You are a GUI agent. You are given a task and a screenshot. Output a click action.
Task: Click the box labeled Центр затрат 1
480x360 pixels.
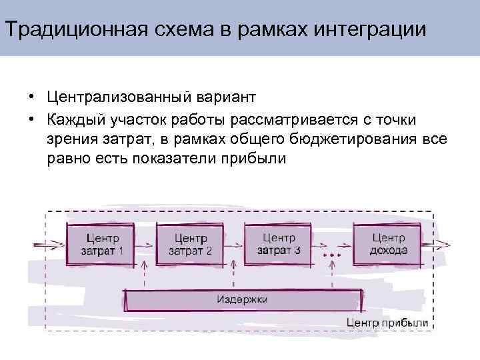pos(101,245)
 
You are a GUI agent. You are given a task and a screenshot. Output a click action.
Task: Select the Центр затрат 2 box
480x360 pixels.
pos(190,245)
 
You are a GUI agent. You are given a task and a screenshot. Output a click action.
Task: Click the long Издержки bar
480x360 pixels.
pos(243,300)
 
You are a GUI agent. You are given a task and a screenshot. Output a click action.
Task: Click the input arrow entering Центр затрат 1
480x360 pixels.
pos(48,245)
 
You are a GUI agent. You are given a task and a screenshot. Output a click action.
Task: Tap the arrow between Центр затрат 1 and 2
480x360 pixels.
pos(145,245)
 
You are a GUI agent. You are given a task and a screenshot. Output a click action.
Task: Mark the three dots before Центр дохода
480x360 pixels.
pos(331,255)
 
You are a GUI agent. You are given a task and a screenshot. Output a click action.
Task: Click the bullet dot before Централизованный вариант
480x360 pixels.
pos(31,99)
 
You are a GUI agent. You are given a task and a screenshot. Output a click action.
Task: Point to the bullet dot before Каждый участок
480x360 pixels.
pos(31,119)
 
